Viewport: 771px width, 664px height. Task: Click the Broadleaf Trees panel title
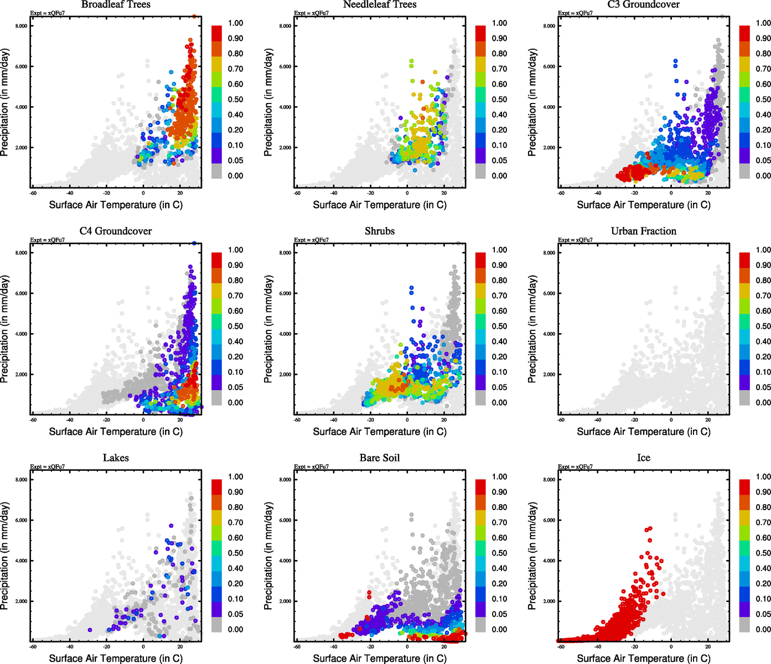click(x=116, y=4)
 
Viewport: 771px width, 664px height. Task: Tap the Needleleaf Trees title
click(x=379, y=4)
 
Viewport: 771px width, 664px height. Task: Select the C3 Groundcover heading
click(x=643, y=4)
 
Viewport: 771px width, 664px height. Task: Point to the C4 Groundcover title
click(x=116, y=231)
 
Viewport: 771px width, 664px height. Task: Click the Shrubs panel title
click(x=380, y=231)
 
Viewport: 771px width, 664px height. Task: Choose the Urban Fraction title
click(x=643, y=231)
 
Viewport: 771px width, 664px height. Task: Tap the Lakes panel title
click(x=116, y=458)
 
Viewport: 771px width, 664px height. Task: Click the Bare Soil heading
click(x=380, y=458)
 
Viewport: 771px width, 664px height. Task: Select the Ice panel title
click(x=643, y=458)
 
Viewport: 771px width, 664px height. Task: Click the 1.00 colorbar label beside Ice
click(x=763, y=477)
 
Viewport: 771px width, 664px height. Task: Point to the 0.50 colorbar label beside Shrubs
click(x=499, y=326)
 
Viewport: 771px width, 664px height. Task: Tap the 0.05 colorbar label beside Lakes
click(x=235, y=614)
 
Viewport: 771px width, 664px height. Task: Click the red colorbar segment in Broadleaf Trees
click(x=216, y=33)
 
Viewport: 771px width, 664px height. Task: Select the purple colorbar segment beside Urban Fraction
click(x=744, y=382)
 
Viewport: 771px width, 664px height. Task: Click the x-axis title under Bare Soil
click(x=380, y=658)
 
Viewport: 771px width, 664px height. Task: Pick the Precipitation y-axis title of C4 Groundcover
click(x=5, y=330)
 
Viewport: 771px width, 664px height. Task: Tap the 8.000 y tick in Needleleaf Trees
click(x=285, y=26)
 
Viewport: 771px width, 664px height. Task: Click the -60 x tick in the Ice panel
click(x=561, y=647)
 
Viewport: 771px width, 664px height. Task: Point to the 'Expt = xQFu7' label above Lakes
click(x=48, y=467)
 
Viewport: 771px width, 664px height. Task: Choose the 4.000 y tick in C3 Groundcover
click(x=549, y=107)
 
